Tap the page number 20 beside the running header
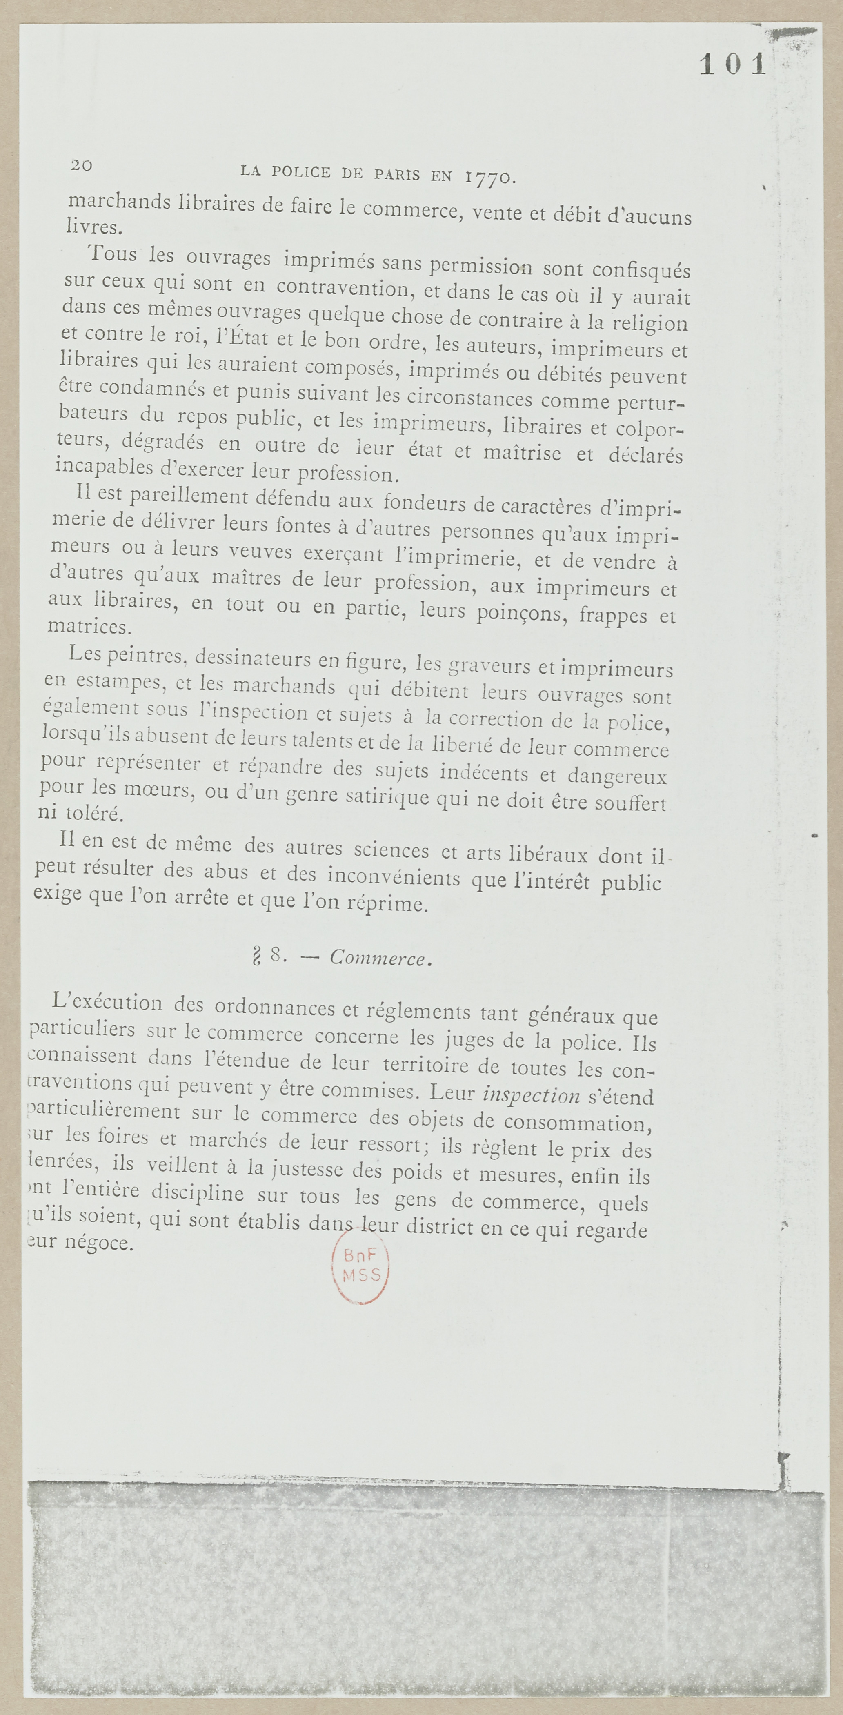pos(81,165)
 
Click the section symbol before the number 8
pos(255,958)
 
